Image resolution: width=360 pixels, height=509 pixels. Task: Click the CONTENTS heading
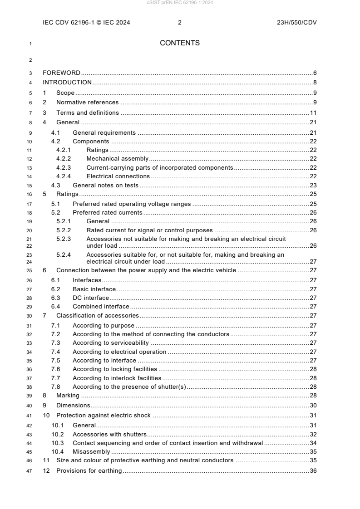click(x=180, y=43)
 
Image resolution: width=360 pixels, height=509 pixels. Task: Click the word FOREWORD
click(x=61, y=73)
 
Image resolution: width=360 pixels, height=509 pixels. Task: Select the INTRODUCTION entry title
click(x=67, y=83)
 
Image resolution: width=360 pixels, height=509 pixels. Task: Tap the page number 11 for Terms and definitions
click(x=313, y=113)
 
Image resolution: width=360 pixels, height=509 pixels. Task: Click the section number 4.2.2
click(x=64, y=159)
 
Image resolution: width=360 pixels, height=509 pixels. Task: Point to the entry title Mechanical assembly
click(x=118, y=159)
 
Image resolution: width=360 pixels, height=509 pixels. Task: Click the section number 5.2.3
click(x=64, y=238)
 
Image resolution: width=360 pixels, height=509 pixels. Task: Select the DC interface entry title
click(x=91, y=298)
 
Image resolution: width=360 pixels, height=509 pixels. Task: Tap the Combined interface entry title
click(x=101, y=307)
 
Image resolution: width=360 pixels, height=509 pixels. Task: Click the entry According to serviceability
click(x=111, y=343)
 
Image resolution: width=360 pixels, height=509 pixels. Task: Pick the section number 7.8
click(x=56, y=387)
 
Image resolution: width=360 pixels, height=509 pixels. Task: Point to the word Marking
click(x=68, y=396)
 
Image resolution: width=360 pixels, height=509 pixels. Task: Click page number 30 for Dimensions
click(x=313, y=405)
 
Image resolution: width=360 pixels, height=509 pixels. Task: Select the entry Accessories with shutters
click(x=109, y=434)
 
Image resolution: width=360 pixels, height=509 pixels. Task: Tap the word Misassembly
click(x=91, y=452)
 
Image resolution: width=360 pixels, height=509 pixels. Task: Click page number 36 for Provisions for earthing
click(x=313, y=471)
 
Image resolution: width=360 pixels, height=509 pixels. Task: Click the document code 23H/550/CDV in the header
click(x=296, y=22)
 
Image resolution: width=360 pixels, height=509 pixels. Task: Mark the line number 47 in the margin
click(x=30, y=471)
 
